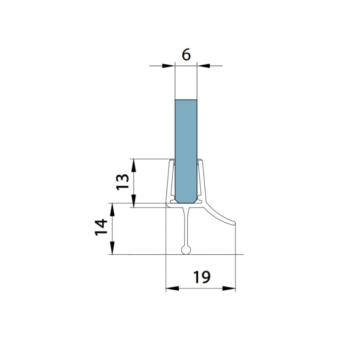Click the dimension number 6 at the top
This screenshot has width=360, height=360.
[186, 55]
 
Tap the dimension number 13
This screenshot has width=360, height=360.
[123, 182]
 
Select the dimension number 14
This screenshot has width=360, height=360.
[101, 227]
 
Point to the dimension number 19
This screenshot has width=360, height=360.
[202, 277]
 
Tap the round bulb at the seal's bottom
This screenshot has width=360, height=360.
[186, 250]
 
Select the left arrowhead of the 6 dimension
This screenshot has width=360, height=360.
[168, 66]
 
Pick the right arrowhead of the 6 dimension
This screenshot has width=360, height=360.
[204, 66]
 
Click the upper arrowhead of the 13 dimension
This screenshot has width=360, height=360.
[134, 165]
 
